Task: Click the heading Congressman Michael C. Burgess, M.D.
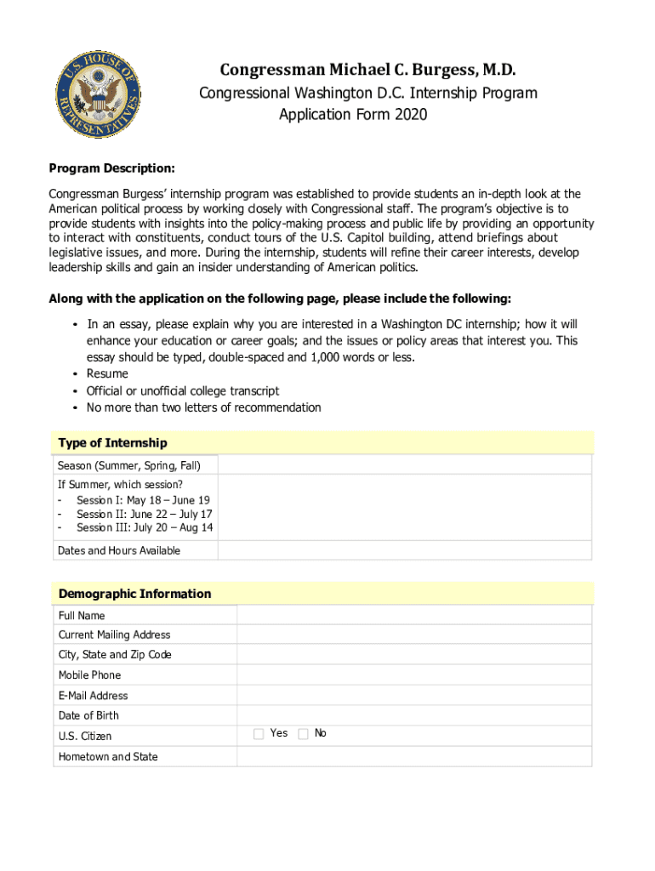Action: pyautogui.click(x=367, y=69)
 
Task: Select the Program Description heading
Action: pyautogui.click(x=111, y=168)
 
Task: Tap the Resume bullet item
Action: pyautogui.click(x=107, y=373)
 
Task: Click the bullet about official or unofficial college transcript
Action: pyautogui.click(x=182, y=390)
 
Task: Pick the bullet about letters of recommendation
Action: pyautogui.click(x=203, y=407)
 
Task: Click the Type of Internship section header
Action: pyautogui.click(x=112, y=443)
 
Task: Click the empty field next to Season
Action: pyautogui.click(x=405, y=465)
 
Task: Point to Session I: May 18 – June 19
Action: pyautogui.click(x=143, y=501)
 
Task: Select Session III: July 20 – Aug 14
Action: pyautogui.click(x=144, y=527)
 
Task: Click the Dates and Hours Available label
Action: pyautogui.click(x=119, y=550)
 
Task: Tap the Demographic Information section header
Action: pyautogui.click(x=134, y=594)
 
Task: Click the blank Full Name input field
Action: pyautogui.click(x=414, y=615)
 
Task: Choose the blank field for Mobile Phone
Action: pyautogui.click(x=414, y=675)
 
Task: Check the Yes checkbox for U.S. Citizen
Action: pyautogui.click(x=259, y=734)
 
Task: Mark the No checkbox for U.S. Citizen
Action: pyautogui.click(x=303, y=734)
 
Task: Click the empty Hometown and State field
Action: pyautogui.click(x=414, y=756)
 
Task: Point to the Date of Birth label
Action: pyautogui.click(x=88, y=715)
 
